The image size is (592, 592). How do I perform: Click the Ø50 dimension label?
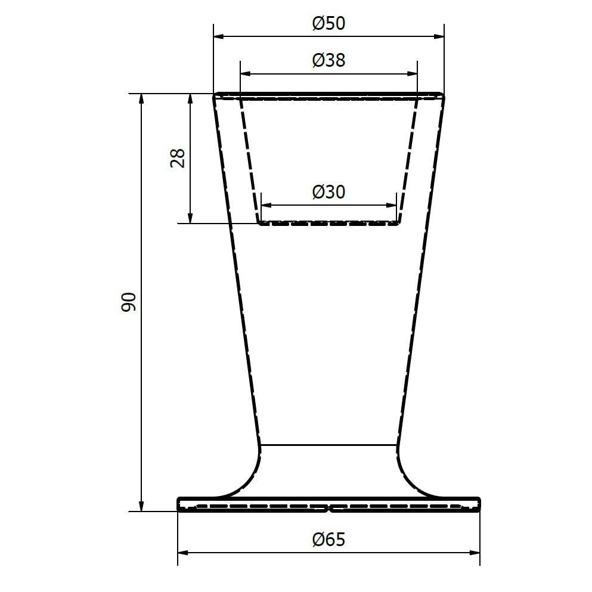tap(328, 23)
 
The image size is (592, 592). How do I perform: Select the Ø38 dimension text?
tap(328, 60)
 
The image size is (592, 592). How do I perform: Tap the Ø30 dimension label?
tap(328, 192)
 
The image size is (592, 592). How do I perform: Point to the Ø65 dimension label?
tap(328, 540)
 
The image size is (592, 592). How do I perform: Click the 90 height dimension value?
tap(128, 302)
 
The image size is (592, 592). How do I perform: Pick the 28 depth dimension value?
tap(178, 158)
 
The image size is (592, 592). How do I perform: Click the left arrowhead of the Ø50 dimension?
tap(219, 36)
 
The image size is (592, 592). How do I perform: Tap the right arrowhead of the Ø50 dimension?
tap(439, 36)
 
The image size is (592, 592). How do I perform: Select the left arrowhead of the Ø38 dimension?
tap(246, 73)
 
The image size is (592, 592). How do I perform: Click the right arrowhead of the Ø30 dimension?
tap(391, 206)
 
